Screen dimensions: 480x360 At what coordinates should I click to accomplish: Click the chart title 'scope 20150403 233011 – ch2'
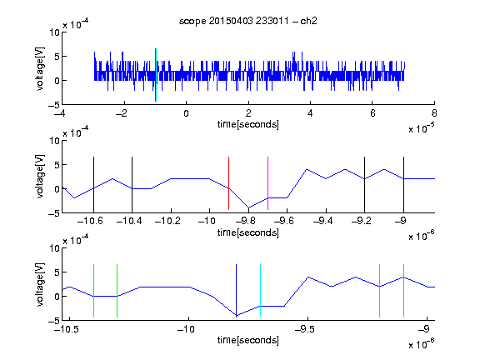248,21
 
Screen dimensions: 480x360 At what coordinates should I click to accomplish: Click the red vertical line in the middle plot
228,183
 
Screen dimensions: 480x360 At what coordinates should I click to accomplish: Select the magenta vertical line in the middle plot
267,183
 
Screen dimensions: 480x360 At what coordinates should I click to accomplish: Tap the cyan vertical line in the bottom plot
260,291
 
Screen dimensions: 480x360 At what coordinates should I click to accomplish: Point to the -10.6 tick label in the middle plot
90,221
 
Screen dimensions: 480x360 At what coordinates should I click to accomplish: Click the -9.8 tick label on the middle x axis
245,221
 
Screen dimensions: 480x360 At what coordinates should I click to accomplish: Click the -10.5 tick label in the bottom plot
67,329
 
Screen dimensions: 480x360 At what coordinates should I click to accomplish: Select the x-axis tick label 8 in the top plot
434,113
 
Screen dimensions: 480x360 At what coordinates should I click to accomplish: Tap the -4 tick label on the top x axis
59,113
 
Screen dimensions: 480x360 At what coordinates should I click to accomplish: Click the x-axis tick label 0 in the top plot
186,113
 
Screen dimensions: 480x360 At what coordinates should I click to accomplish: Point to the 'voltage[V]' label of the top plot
40,68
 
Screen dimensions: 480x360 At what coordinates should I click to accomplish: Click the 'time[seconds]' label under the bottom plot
248,340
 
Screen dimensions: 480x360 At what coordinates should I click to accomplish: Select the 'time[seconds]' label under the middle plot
248,232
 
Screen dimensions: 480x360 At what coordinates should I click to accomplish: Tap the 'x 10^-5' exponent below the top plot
422,128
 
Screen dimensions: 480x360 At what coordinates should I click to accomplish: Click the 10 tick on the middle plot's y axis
55,141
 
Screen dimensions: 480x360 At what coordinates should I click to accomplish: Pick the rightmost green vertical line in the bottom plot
404,291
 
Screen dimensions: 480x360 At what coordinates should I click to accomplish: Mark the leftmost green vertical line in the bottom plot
93,291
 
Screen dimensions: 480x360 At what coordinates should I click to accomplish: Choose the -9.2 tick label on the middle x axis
362,221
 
